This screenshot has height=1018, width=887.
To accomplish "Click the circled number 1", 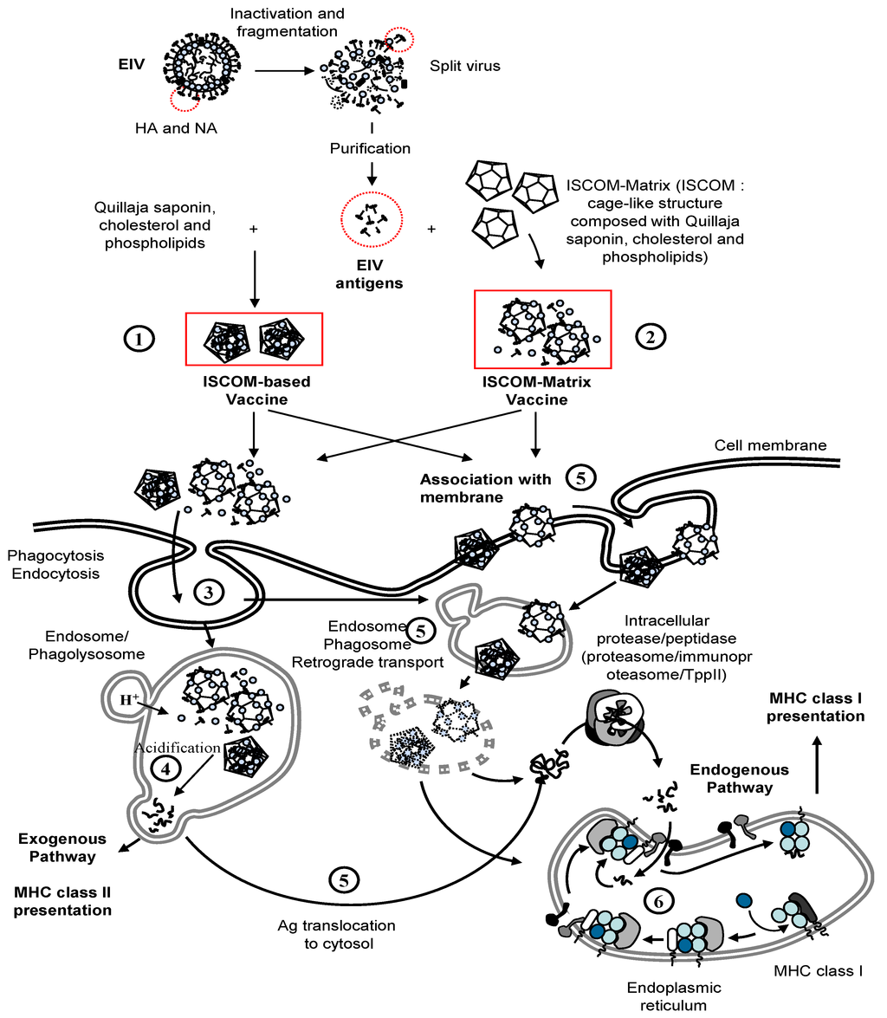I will (138, 339).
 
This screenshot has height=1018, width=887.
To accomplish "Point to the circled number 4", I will (162, 768).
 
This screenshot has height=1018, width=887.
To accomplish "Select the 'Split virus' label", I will (465, 65).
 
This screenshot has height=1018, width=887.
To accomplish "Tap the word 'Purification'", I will (370, 148).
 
